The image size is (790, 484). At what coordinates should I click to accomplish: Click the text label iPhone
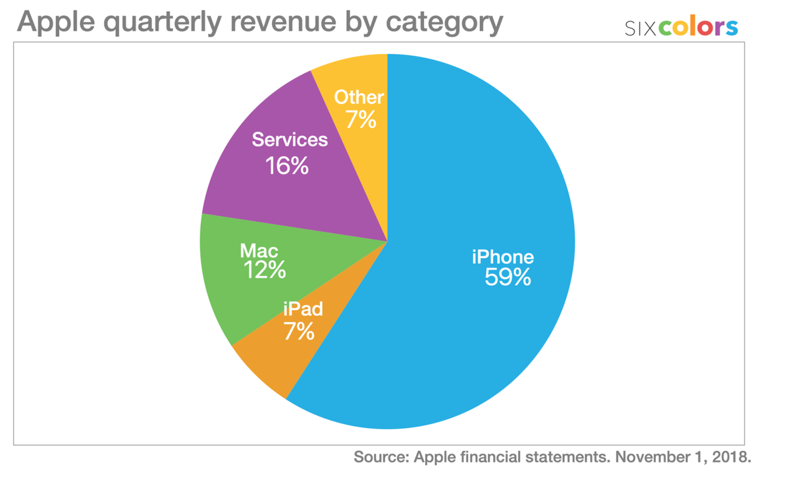(503, 257)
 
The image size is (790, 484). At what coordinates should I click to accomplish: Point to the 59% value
(508, 278)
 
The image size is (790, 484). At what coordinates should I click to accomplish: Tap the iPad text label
(303, 308)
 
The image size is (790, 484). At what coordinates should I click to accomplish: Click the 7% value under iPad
(299, 331)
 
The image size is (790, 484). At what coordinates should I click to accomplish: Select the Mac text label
(259, 250)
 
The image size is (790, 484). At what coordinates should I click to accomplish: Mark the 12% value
(263, 270)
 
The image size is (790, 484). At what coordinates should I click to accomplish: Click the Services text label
(290, 140)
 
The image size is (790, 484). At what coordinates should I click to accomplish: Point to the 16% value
(287, 166)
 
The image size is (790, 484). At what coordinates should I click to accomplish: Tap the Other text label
(359, 97)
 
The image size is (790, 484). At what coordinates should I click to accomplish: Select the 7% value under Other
(361, 120)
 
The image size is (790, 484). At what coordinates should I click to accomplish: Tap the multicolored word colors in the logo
(698, 27)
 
